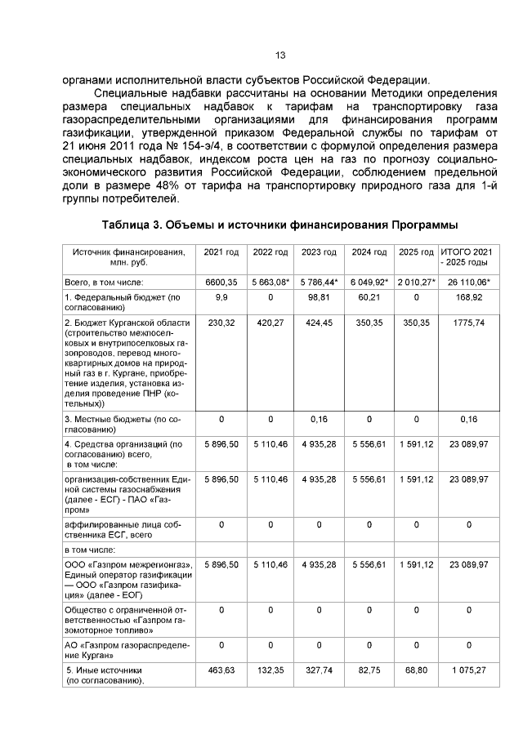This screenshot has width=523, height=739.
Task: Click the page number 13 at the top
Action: pos(280,55)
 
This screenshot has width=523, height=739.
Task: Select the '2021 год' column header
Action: pos(221,252)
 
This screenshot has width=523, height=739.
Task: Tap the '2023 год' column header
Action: pos(319,252)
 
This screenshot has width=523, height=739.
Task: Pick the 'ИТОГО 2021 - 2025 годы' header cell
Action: pos(467,257)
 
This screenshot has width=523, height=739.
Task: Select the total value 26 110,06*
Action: pos(467,282)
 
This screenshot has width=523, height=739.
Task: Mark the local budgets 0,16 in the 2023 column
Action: pos(319,419)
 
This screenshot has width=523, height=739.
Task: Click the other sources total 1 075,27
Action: pos(467,670)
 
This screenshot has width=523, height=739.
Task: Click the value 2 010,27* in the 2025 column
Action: pos(416,282)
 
